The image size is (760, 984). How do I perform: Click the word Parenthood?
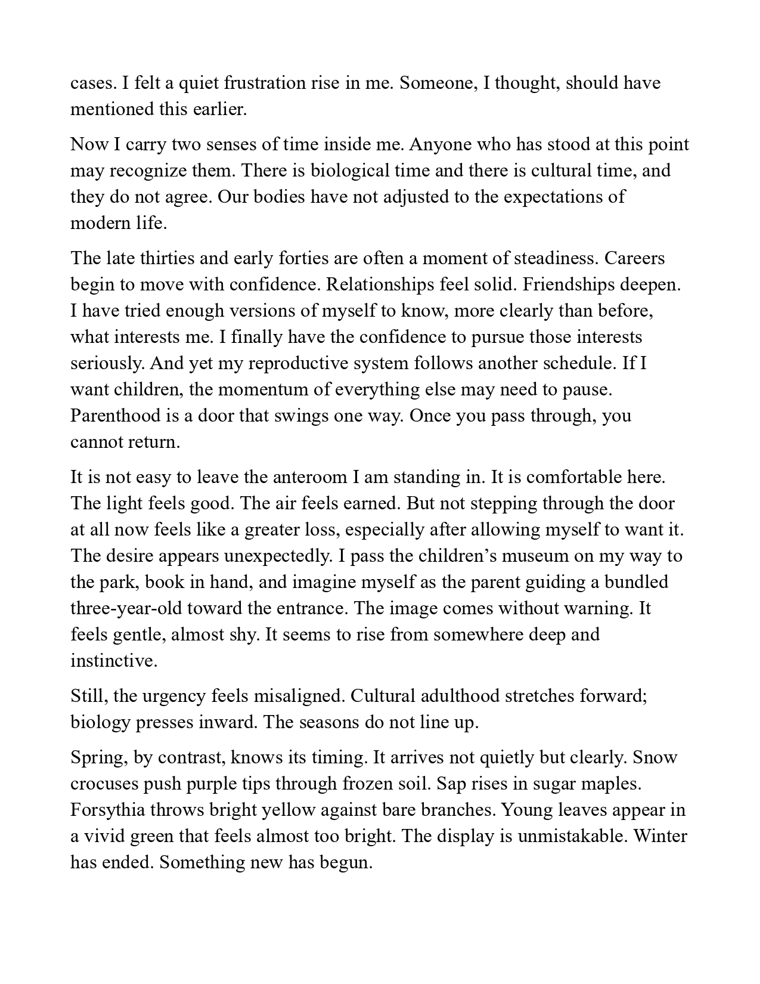click(x=114, y=416)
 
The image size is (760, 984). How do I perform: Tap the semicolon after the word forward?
click(x=645, y=696)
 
